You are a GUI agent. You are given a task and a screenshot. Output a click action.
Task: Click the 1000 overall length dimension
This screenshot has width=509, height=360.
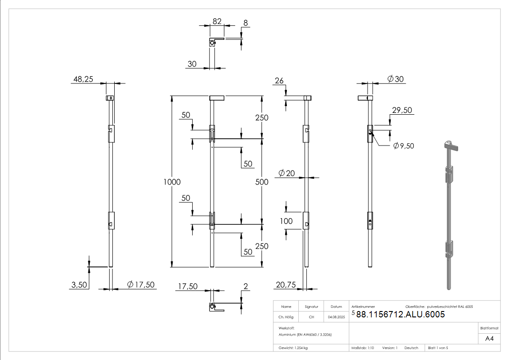point(172,182)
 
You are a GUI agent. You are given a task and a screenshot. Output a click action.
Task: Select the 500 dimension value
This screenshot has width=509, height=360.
point(262,182)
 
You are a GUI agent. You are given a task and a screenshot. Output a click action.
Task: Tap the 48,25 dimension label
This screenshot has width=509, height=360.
point(83,79)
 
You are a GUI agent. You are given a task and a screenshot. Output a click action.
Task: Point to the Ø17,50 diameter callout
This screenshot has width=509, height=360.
point(141,285)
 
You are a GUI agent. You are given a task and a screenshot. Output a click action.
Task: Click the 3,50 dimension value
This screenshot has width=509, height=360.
point(79,285)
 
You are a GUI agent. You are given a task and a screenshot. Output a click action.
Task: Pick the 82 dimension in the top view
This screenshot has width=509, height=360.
point(217,21)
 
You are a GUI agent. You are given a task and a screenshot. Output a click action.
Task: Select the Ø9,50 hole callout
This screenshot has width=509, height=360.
point(403,146)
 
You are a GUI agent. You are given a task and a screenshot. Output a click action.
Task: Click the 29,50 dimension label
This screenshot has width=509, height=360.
point(402,110)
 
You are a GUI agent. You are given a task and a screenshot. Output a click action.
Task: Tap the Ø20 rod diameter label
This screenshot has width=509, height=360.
point(286,173)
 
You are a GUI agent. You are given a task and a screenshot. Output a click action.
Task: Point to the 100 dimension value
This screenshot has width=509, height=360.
point(286,221)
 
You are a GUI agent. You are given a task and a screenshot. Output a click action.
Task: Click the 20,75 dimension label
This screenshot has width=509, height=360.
point(286,285)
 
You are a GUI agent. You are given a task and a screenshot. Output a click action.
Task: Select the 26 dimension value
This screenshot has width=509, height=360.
point(279,81)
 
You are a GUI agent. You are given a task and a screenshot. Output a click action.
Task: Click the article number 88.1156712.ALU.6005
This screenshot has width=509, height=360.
point(400,314)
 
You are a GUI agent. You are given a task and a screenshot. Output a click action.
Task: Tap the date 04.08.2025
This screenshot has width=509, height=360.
point(336,317)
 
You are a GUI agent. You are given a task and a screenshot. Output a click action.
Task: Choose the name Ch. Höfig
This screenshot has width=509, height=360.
point(286,317)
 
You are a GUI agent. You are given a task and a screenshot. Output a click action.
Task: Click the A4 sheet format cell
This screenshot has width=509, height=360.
point(489,339)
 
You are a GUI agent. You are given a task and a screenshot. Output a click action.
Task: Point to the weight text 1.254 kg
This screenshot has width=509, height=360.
point(301,348)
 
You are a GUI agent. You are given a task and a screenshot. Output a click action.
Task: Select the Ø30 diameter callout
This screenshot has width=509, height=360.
point(395,79)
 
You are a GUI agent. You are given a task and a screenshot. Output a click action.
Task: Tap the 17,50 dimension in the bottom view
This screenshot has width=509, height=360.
point(188,286)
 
